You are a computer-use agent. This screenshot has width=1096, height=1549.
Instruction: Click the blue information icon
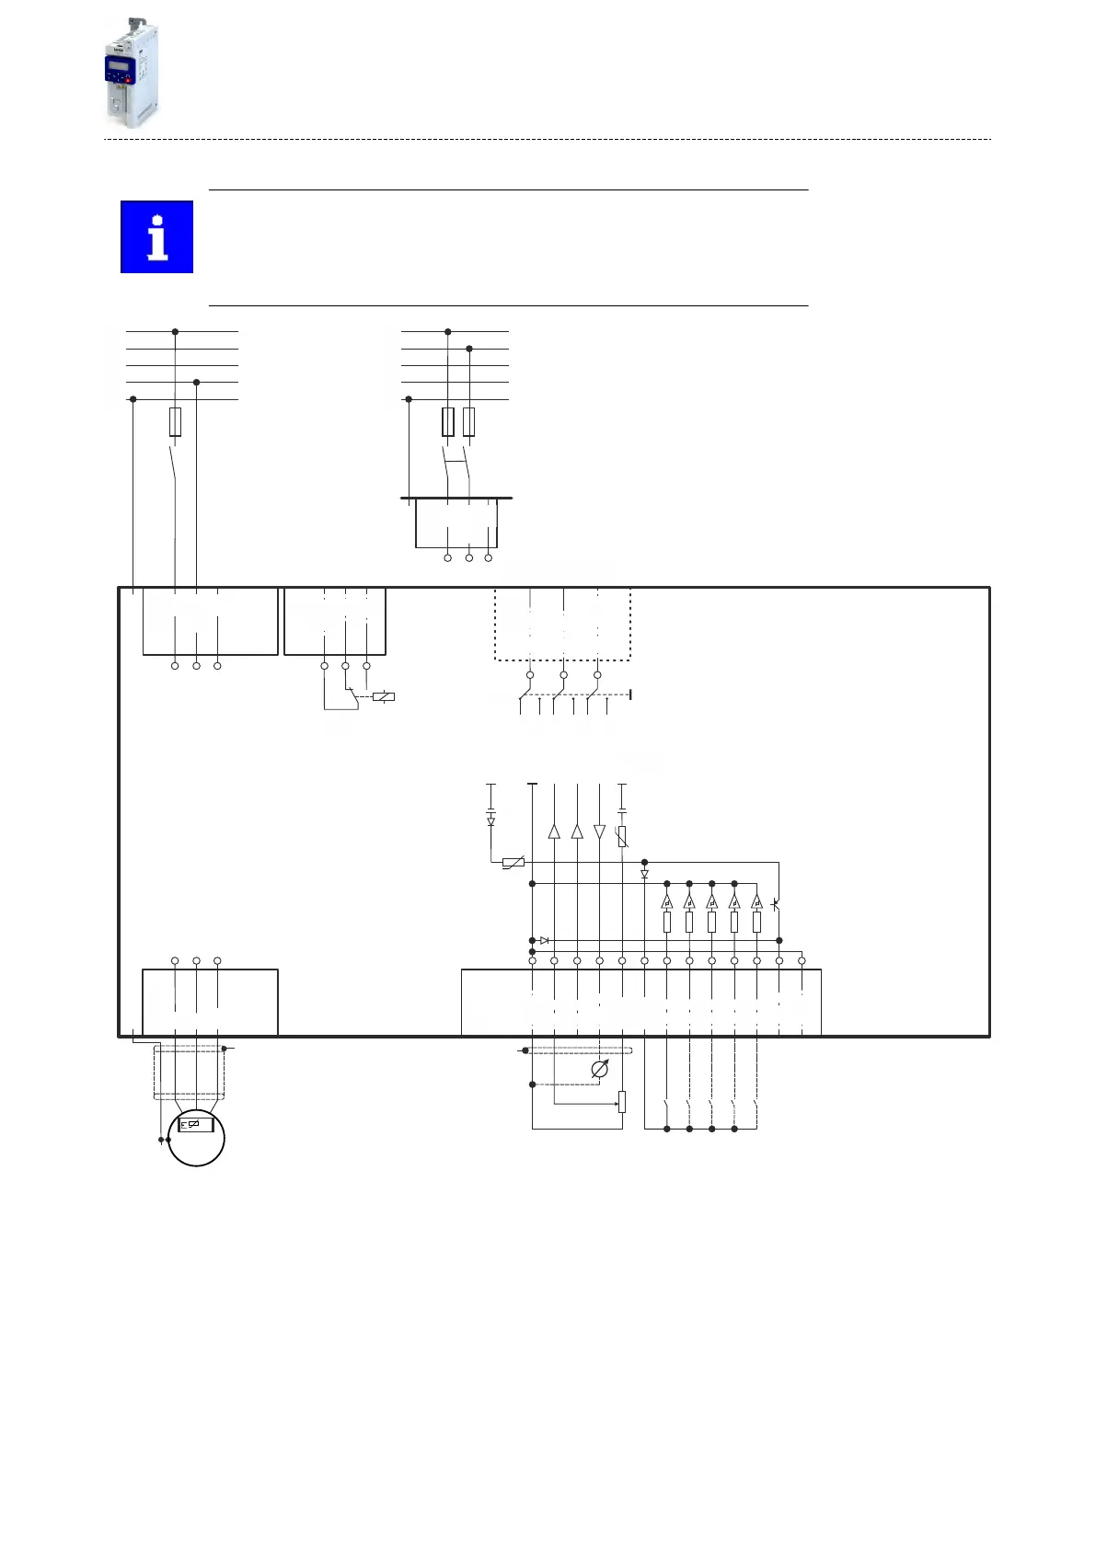157,237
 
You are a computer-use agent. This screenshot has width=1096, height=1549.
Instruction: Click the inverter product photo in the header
131,74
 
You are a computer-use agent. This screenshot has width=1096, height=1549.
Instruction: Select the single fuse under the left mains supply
175,422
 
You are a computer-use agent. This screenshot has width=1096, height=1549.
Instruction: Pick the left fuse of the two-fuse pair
448,422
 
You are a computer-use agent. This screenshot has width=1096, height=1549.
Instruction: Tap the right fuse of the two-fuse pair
469,422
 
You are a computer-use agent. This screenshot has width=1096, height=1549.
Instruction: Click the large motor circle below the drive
196,1138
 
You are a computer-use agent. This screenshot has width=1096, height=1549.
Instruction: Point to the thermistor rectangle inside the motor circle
196,1124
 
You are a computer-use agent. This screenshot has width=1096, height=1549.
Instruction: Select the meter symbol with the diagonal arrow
600,1070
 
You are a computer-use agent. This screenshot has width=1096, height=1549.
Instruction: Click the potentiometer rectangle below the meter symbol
622,1101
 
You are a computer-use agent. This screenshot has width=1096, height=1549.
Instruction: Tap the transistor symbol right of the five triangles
777,905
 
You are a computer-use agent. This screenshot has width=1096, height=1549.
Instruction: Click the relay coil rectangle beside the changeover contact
384,696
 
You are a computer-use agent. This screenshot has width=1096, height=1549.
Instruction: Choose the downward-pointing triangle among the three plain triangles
600,832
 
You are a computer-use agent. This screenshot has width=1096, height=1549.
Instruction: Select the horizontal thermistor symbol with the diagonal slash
513,862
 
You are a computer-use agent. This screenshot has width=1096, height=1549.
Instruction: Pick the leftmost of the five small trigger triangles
667,901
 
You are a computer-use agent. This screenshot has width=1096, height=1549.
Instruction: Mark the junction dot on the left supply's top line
175,331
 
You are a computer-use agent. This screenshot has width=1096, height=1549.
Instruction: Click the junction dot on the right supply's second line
469,349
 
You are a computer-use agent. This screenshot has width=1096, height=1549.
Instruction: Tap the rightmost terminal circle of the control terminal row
802,961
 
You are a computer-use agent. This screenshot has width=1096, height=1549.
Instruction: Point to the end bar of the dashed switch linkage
629,694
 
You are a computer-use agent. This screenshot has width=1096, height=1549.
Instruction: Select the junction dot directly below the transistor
779,940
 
